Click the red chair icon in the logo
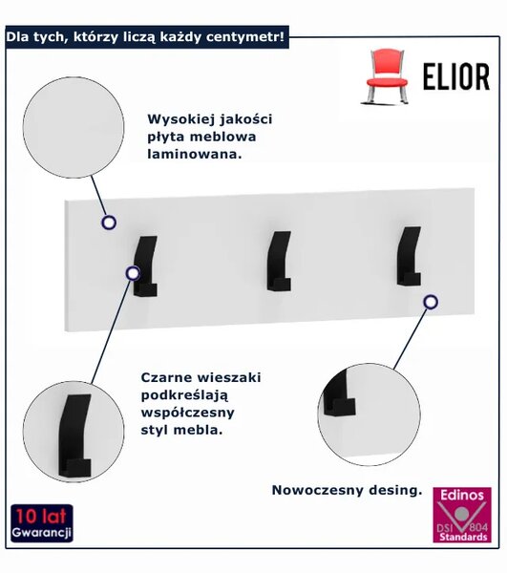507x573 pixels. coord(385,76)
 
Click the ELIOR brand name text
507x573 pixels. coord(456,76)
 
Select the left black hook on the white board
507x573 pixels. coord(145,265)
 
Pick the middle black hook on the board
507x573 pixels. coord(279,261)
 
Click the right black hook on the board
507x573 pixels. coord(409,256)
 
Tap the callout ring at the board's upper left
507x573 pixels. coord(109,223)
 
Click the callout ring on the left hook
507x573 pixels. coord(133,273)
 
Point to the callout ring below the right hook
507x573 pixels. coord(431,302)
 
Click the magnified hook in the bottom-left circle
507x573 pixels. coord(74,435)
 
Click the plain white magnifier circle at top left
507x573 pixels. coord(74,128)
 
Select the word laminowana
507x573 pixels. coord(195,154)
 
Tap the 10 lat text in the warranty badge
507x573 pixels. coord(41,517)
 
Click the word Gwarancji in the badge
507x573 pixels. coord(41,533)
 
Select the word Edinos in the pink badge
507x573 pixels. coord(462,495)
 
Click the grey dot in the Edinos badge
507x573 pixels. coord(462,514)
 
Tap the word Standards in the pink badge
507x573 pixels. coord(463,537)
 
